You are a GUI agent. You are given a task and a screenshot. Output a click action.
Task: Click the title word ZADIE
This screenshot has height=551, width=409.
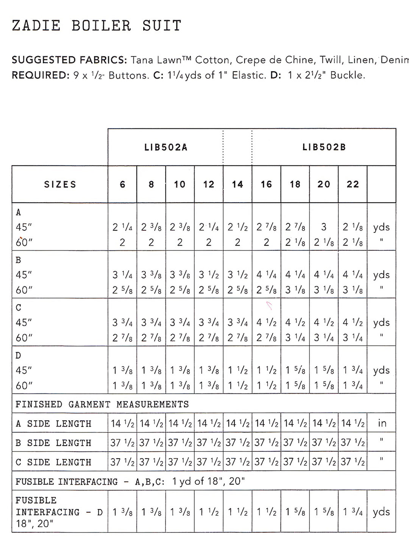(36, 26)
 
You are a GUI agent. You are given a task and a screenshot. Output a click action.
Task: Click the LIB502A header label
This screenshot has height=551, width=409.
(166, 147)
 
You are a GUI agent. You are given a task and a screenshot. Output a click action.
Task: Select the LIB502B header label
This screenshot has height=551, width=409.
(324, 147)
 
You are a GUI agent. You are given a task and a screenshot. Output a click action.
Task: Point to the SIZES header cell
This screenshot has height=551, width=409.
(60, 184)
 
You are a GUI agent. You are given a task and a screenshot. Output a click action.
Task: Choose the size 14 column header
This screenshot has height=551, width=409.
(237, 184)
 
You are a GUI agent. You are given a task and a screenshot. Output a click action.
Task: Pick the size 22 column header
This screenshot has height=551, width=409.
(353, 184)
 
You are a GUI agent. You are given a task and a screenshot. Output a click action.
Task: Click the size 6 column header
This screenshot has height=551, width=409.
(122, 184)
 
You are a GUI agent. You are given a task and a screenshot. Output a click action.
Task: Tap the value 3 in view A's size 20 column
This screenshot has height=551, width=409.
(324, 227)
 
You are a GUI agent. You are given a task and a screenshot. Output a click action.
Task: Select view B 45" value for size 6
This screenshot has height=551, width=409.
(122, 275)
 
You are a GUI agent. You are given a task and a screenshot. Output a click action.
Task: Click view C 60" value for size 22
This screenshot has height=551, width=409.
(353, 337)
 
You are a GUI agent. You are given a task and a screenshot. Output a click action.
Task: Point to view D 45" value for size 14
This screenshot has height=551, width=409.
(237, 370)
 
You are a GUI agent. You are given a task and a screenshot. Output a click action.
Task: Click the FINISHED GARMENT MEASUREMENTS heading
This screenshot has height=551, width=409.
(102, 404)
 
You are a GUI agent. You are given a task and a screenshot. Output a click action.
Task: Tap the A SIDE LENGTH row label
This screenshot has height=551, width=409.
(53, 423)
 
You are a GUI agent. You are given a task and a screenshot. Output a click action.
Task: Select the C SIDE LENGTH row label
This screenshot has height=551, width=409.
(53, 462)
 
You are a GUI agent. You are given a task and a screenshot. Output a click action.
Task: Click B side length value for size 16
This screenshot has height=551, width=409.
(266, 442)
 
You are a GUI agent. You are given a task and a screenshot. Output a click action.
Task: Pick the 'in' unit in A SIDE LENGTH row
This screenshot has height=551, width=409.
(382, 423)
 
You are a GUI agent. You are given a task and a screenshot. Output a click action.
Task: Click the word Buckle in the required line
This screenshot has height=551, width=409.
(347, 75)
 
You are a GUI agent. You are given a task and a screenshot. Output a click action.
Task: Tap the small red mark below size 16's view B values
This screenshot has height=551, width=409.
(269, 306)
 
